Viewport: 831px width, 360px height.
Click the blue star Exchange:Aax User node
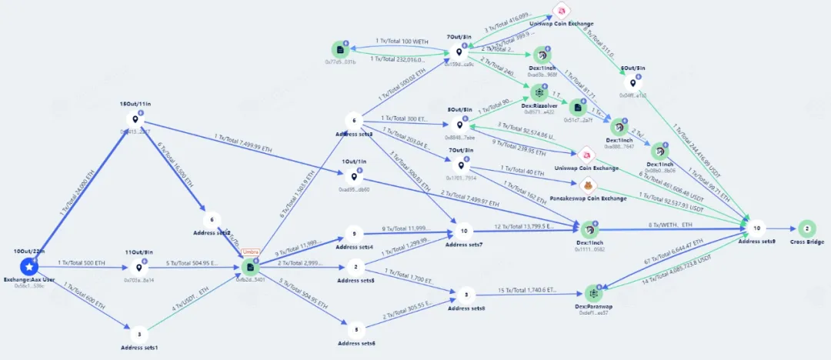click(x=29, y=267)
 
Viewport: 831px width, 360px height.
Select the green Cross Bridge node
click(x=807, y=228)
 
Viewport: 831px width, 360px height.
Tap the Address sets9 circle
click(x=756, y=228)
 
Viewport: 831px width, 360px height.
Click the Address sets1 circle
click(x=139, y=335)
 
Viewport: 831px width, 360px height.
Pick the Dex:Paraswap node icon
click(x=593, y=293)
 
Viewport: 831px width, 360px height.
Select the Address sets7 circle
click(x=463, y=231)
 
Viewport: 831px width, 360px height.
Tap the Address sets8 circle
click(x=465, y=294)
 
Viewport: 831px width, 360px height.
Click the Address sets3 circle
click(x=354, y=121)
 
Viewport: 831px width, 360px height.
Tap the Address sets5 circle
click(x=355, y=268)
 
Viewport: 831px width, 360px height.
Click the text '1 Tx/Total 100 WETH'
click(x=402, y=40)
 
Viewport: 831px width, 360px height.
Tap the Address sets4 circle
click(x=354, y=234)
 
